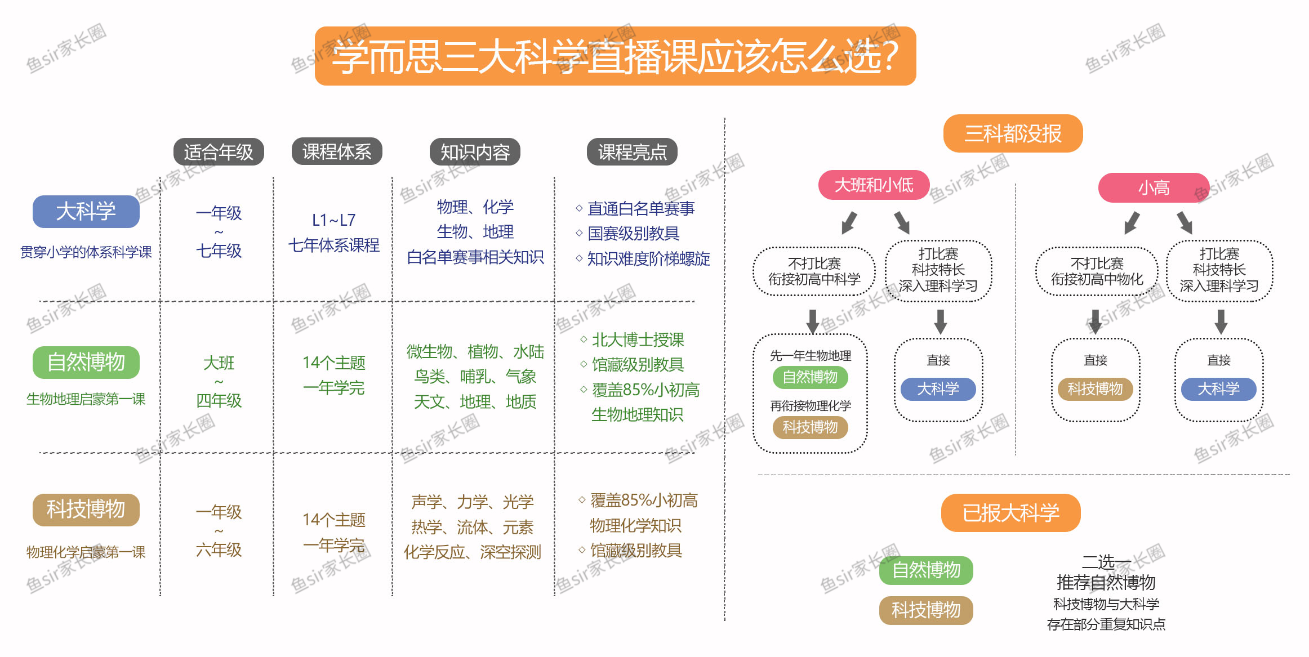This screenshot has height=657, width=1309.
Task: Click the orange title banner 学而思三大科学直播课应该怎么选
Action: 615,56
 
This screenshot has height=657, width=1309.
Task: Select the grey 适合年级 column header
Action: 219,152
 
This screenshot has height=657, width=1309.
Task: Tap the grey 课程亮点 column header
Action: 632,152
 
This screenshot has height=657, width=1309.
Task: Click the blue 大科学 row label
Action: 86,212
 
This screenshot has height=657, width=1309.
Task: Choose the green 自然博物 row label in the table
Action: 86,362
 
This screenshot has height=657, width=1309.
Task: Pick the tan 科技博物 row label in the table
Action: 86,509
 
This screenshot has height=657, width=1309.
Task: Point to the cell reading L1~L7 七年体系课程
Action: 334,233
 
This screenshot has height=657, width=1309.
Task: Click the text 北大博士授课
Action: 638,339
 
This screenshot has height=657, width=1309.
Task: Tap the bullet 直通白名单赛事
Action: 641,209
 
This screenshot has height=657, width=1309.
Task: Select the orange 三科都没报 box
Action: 1013,133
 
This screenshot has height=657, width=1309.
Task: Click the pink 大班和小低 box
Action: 874,185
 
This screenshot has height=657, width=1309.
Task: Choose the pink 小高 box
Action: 1154,188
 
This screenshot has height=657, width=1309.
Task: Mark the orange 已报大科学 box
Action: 1010,513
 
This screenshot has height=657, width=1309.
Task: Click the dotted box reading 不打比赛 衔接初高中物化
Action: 1097,271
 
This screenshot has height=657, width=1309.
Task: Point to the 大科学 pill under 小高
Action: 1218,389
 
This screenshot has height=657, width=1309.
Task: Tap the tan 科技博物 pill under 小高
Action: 1095,389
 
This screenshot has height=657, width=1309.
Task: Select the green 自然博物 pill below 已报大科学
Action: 926,570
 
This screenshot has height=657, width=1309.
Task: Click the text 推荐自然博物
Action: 1106,582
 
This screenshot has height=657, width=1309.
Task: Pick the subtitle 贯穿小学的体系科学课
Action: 86,252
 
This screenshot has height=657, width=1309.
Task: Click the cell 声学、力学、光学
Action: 472,502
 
